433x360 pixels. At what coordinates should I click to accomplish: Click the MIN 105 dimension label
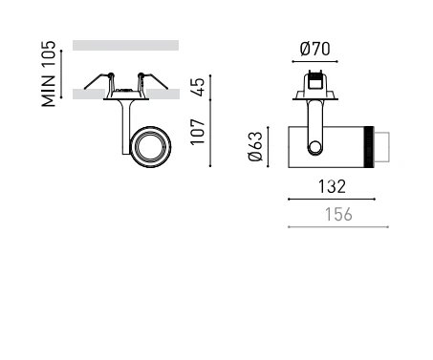coord(49,74)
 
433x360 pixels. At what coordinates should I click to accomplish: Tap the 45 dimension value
coord(198,87)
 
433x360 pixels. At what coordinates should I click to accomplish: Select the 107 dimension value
coord(198,132)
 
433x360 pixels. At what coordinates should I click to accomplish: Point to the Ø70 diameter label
coord(314,49)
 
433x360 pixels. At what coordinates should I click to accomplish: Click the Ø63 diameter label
coord(255,146)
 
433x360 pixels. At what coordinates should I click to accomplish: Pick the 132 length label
coord(332,186)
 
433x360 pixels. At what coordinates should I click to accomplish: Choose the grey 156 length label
coord(338,215)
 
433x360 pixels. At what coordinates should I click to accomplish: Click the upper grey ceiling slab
coord(125,45)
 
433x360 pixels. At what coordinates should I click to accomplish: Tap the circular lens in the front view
coord(150,147)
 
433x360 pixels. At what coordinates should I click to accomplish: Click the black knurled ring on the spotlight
coord(369,147)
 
